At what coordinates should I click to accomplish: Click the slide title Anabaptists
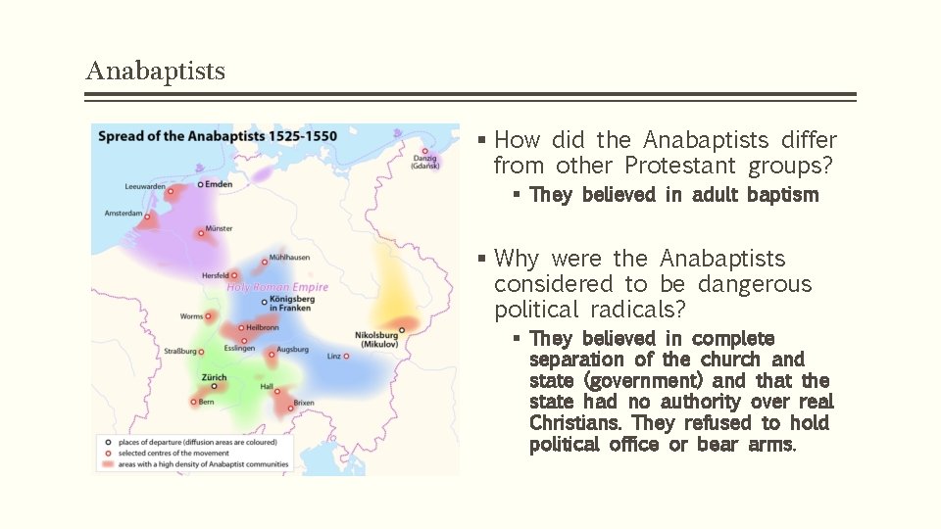155,72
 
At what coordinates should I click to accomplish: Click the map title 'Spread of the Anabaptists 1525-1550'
217,136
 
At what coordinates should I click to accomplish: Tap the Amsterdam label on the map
123,213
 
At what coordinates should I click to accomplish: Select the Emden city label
219,183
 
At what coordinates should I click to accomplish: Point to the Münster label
219,228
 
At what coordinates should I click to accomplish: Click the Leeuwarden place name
144,187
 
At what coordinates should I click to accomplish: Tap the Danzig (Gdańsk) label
425,162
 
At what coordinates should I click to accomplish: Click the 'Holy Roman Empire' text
277,287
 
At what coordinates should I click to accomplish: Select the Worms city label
191,316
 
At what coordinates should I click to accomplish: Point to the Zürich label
214,377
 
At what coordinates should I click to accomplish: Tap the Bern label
207,402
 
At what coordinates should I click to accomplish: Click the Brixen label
304,403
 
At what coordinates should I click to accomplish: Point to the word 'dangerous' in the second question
755,284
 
